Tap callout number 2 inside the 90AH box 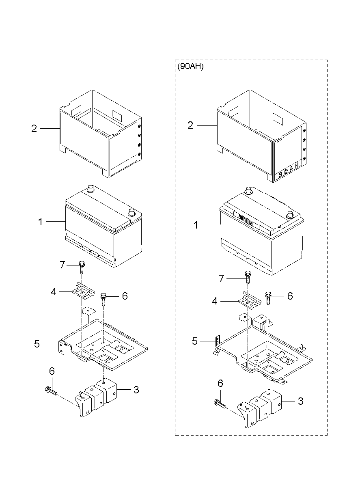tap(190, 126)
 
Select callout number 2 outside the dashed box tap(34, 129)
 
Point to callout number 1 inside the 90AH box tap(196, 225)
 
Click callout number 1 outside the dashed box tap(40, 222)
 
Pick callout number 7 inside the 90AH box tap(221, 278)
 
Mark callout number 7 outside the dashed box tap(62, 265)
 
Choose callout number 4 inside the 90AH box tap(215, 301)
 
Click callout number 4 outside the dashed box tap(54, 291)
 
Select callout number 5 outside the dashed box tap(37, 344)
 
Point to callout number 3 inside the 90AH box tap(300, 401)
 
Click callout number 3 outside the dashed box tap(136, 390)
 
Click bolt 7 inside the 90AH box tap(247, 277)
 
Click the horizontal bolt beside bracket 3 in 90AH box tap(219, 404)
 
